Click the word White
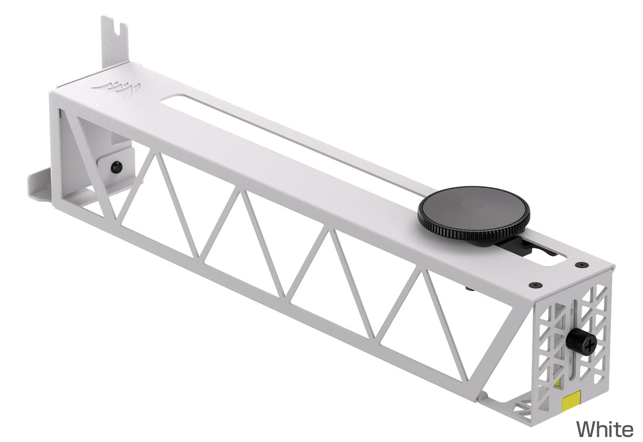click(x=604, y=429)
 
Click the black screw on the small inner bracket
click(x=116, y=166)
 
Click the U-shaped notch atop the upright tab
click(x=117, y=28)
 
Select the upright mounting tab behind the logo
click(x=115, y=43)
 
